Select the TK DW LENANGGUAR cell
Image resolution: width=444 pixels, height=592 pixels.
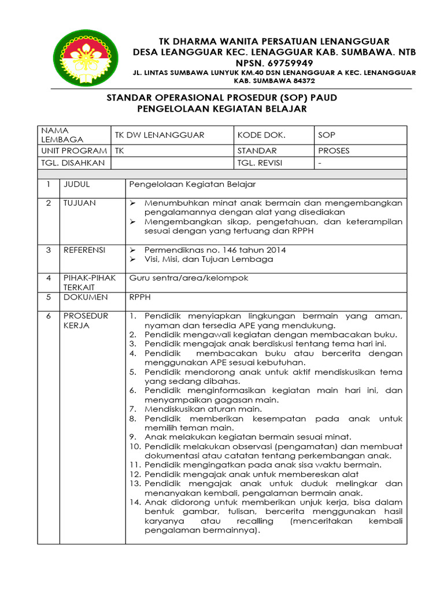click(x=160, y=135)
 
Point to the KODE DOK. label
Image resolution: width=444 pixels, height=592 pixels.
click(x=261, y=135)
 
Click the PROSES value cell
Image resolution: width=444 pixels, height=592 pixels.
click(x=334, y=150)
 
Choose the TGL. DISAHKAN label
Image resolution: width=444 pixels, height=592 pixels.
click(x=73, y=163)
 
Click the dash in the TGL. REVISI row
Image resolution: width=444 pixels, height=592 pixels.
click(x=320, y=163)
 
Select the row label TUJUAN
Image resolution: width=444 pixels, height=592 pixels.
click(x=80, y=203)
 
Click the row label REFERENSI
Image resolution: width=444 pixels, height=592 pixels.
click(x=84, y=250)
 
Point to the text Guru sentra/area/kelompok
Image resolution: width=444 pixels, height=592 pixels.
click(x=188, y=278)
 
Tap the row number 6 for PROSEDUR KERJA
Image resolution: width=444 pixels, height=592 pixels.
click(x=49, y=316)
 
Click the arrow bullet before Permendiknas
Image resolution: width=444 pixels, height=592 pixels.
click(x=133, y=250)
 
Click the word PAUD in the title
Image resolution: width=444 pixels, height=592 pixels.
click(x=323, y=98)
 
